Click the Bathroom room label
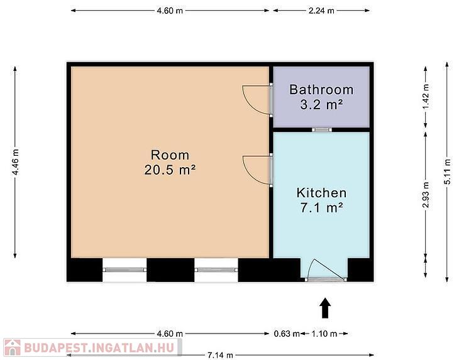click(321, 89)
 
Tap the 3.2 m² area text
click(321, 105)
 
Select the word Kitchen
click(321, 193)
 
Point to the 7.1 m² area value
click(321, 208)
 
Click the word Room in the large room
click(170, 155)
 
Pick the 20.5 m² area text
click(170, 170)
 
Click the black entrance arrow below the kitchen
click(325, 308)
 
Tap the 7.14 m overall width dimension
click(220, 356)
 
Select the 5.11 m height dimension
click(446, 172)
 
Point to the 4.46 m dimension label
click(15, 162)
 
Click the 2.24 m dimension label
click(321, 11)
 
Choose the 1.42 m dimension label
click(426, 97)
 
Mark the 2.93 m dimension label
click(426, 195)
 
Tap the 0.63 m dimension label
click(287, 334)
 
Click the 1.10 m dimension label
click(324, 334)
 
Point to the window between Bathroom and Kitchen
click(322, 129)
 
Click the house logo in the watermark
click(12, 347)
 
